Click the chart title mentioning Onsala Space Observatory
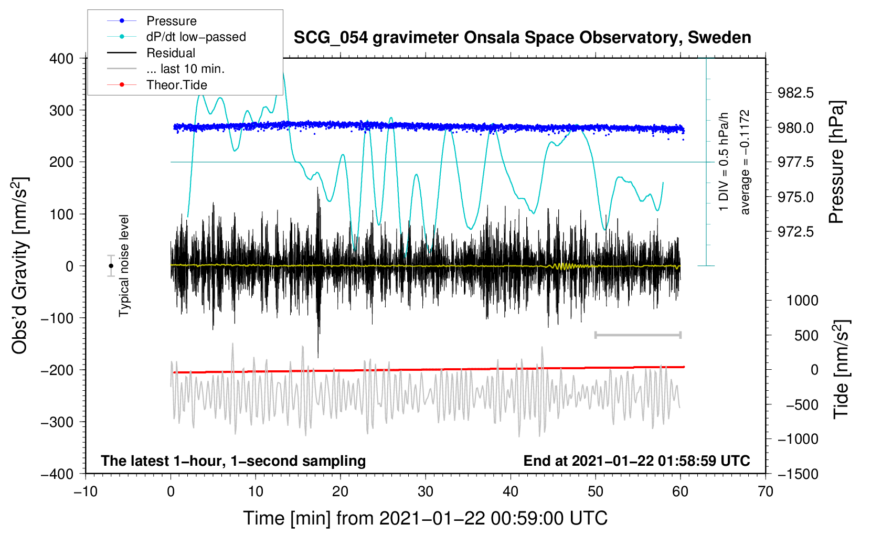coord(522,38)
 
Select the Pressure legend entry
coord(171,21)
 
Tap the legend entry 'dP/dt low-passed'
coord(196,37)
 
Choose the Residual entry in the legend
coord(171,53)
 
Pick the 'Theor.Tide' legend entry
coord(176,85)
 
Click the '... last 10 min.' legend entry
coord(185,69)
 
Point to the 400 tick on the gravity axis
coord(61,59)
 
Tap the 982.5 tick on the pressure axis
coord(795,93)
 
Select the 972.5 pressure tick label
coord(795,232)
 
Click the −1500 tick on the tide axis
coord(798,474)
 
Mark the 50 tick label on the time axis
coord(595,492)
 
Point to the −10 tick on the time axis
coord(86,492)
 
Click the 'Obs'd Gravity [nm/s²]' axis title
coord(20,266)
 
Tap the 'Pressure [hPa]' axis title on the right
coord(837,163)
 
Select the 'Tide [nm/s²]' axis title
coord(842,369)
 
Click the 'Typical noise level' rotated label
coord(124,266)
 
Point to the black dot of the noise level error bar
coord(111,266)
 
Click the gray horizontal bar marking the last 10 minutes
coord(638,335)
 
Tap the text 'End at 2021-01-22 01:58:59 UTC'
coord(636,461)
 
